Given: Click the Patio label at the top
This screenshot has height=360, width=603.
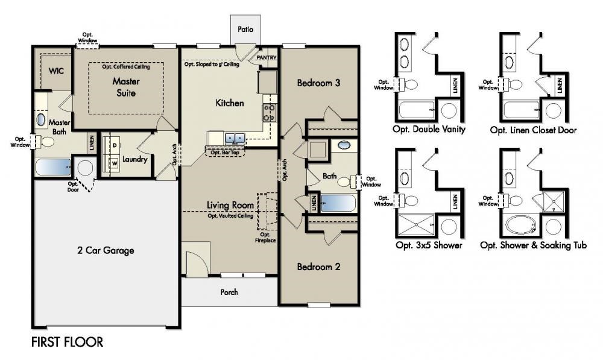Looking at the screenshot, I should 245,28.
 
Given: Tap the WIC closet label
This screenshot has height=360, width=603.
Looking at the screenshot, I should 56,71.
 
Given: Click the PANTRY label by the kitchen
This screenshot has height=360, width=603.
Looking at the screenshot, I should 266,58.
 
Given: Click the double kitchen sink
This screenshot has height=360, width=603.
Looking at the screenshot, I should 235,139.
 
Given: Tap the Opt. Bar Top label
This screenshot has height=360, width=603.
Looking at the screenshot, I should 224,153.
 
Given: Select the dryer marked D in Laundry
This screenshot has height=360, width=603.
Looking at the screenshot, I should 113,145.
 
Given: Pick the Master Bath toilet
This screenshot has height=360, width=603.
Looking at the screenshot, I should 46,142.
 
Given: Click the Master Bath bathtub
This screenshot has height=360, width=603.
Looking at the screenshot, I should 53,167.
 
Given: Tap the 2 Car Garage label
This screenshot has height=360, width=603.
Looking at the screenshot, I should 106,250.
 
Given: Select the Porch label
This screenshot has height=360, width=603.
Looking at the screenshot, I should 229,292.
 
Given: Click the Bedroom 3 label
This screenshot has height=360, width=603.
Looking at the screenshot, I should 318,83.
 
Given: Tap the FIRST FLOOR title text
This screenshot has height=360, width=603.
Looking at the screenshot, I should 67,343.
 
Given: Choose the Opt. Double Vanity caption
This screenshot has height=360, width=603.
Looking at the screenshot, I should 428,130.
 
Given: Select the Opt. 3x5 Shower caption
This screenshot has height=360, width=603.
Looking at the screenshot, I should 428,245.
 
